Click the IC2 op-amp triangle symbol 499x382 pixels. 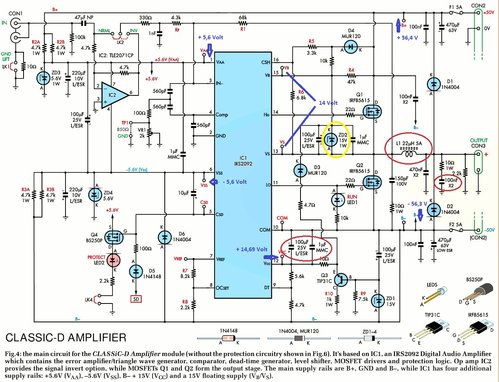click(115, 97)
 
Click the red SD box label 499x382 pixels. click(135, 297)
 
